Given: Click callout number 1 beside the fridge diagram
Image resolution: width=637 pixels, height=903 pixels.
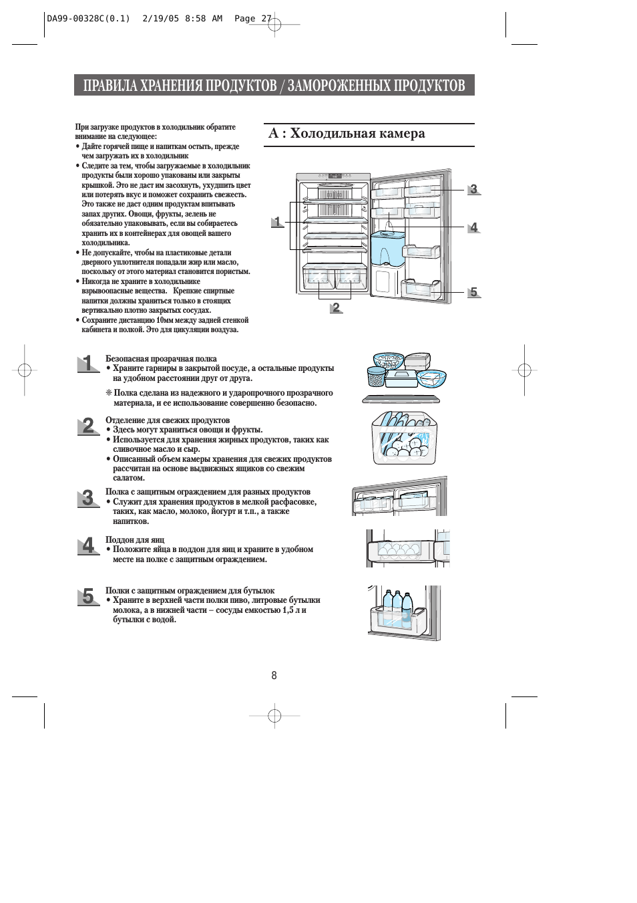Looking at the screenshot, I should point(277,222).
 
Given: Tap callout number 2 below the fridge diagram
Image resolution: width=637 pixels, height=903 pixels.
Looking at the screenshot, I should point(336,307).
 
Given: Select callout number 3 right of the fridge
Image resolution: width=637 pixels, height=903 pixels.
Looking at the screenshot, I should point(473,189).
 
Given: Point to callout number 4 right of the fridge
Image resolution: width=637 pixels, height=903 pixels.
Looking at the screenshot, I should point(473,227).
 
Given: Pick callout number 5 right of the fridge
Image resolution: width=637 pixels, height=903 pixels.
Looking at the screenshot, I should point(473,292).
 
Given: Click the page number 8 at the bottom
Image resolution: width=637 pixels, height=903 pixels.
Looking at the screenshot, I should point(274,675).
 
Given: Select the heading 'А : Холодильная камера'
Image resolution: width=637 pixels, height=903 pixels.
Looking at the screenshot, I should point(347,134).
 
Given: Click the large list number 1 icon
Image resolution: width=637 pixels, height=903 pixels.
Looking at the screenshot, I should point(87,364).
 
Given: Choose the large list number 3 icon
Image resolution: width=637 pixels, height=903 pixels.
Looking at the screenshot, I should point(87,498).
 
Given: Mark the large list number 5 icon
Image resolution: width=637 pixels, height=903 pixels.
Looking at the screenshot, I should point(87,596).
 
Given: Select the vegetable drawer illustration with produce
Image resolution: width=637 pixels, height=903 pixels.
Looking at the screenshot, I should point(404,438).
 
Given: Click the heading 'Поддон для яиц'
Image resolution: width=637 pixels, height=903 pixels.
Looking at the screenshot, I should point(135,540).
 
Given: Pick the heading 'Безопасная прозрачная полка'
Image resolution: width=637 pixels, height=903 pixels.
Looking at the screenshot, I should point(161,359).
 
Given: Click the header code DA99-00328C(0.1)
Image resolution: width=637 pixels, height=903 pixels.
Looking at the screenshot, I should point(88,19).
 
